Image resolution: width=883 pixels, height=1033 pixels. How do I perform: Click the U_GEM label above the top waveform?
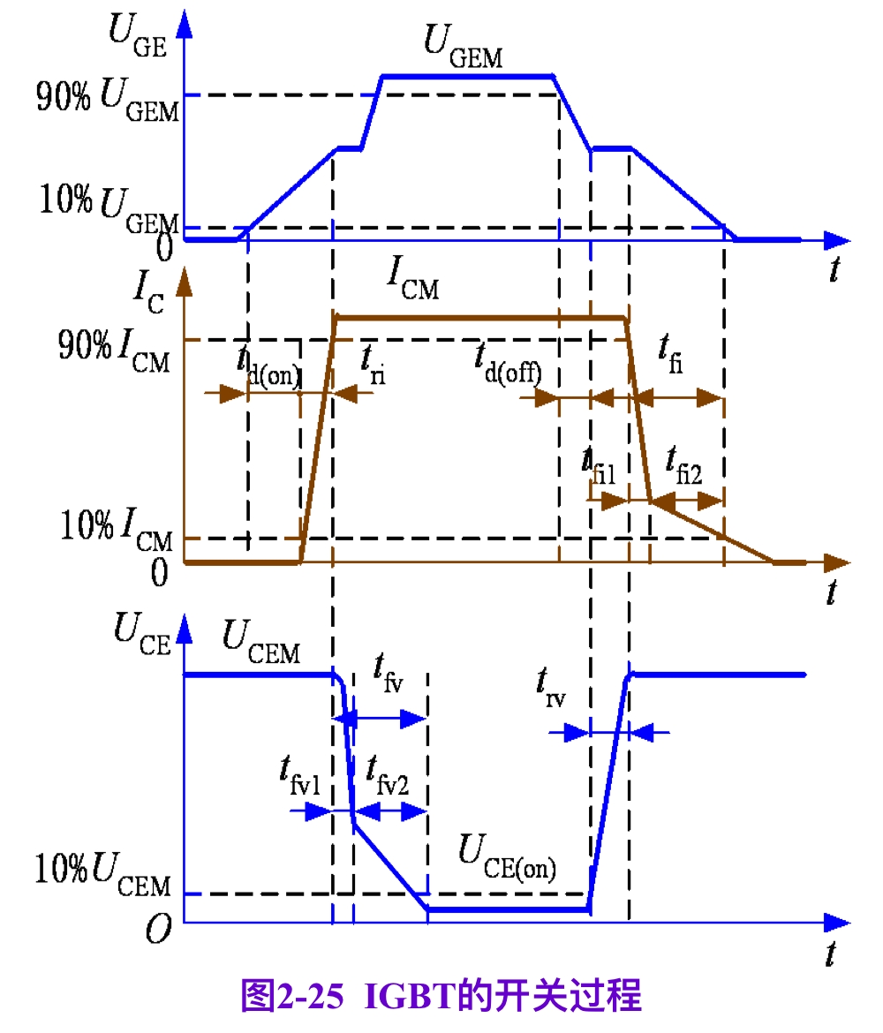(x=463, y=47)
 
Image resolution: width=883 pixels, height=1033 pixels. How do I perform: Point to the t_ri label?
(x=372, y=363)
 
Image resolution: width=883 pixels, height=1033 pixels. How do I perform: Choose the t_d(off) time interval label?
(x=507, y=363)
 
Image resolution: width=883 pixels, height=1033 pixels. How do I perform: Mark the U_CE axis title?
(x=140, y=634)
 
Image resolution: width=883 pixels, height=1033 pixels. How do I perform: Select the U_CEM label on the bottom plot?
(x=260, y=643)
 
